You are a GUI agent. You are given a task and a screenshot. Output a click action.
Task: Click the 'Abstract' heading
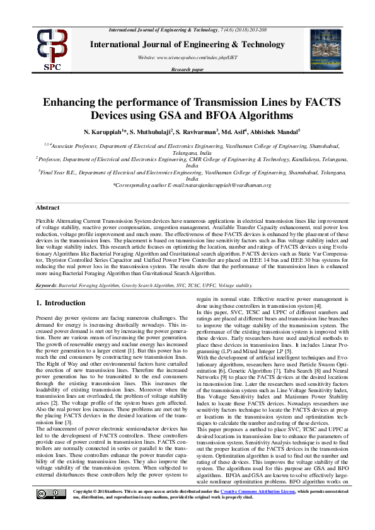click(x=48, y=207)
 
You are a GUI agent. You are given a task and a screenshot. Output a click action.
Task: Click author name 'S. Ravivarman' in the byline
click(x=193, y=133)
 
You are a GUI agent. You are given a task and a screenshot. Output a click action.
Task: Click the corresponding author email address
click(x=218, y=185)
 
